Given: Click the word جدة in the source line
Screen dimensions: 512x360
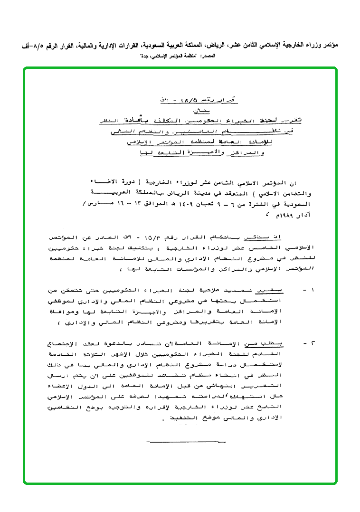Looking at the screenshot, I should click(x=143, y=56).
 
